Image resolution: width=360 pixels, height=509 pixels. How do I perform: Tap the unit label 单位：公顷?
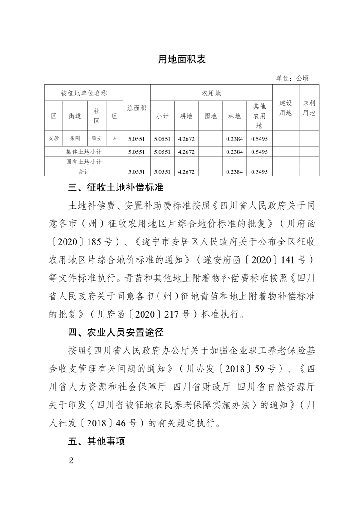(x=292, y=78)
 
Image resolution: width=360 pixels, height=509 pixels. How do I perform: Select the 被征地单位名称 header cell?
(x=84, y=93)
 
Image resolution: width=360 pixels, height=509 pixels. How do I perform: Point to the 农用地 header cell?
(x=211, y=93)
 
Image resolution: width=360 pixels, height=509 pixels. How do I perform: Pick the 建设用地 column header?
(x=285, y=108)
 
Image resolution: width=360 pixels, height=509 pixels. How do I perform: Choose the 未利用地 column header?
(x=309, y=108)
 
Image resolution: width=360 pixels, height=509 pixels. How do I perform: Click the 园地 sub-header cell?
(x=210, y=116)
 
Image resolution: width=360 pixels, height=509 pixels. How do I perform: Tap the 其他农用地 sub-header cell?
(x=259, y=116)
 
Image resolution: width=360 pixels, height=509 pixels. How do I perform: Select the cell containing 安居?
(x=54, y=138)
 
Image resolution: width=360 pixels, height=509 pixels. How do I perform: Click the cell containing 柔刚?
(x=75, y=138)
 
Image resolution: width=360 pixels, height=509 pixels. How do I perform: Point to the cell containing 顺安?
(x=96, y=138)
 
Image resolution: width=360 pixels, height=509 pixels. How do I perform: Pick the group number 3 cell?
(x=114, y=138)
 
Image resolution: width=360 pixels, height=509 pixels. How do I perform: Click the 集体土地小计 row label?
(x=84, y=151)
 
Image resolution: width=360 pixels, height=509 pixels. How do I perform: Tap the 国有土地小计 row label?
(x=84, y=162)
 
